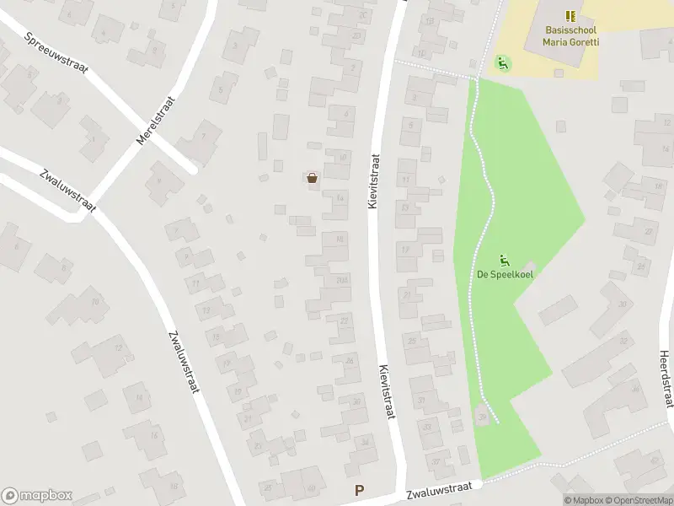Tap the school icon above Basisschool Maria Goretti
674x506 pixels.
(x=570, y=16)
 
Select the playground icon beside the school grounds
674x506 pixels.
(x=503, y=62)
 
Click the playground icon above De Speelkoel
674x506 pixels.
(x=505, y=260)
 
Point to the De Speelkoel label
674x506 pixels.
(x=505, y=274)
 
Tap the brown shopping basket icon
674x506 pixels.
(x=313, y=177)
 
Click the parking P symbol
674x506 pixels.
(x=361, y=490)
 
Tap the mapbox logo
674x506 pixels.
(x=37, y=496)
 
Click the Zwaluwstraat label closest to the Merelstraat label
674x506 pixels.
(x=68, y=191)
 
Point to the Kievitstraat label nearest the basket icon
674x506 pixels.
(x=374, y=181)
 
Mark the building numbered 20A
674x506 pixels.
(x=341, y=281)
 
